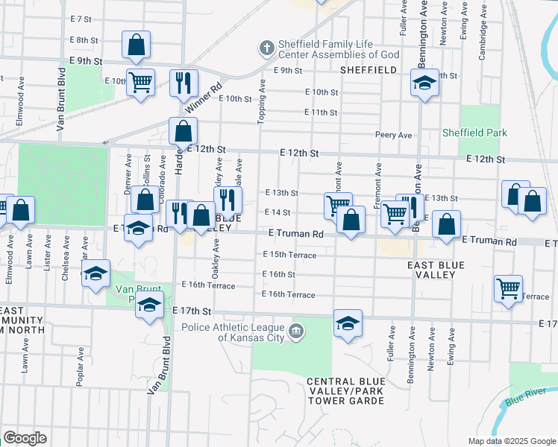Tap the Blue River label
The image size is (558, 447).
click(525, 400)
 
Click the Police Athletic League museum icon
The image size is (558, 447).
click(296, 331)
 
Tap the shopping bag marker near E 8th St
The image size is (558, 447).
click(136, 46)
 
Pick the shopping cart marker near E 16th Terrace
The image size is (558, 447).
click(508, 288)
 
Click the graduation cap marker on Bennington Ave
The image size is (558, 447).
click(424, 83)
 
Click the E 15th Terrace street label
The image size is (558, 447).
click(289, 255)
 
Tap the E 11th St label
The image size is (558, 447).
click(321, 112)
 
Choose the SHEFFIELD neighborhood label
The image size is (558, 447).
click(368, 70)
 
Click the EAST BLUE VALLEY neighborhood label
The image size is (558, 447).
click(436, 270)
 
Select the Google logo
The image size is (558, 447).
click(25, 437)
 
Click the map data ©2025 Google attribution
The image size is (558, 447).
click(512, 440)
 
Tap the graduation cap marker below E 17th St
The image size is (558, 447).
click(348, 324)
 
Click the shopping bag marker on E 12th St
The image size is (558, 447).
click(183, 132)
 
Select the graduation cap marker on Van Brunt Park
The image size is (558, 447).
click(149, 305)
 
